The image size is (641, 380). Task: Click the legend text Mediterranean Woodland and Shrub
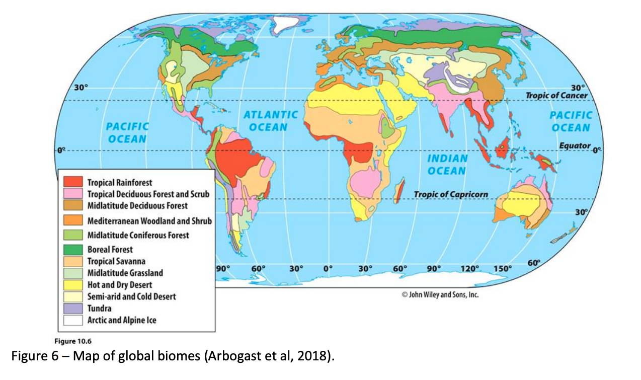point(149,221)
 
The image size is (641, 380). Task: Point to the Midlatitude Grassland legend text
point(125,273)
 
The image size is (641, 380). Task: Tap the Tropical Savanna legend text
point(117,261)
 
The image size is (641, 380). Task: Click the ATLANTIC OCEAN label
point(270,121)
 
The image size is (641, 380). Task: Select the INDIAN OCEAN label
point(446,165)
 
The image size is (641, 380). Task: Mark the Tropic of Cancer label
point(556,96)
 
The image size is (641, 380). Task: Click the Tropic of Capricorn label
point(450,194)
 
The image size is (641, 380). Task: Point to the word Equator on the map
point(575,146)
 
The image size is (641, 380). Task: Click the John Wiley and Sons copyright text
point(440,295)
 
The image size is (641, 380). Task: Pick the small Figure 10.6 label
point(70,341)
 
